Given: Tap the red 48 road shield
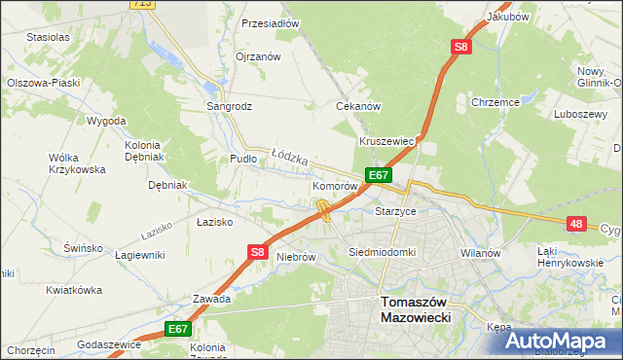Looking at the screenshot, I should [577, 224].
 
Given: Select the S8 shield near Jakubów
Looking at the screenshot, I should [461, 47].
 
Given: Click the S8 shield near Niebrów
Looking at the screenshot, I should [256, 252].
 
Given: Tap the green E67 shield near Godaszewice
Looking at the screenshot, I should [176, 330].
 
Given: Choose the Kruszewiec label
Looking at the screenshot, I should [387, 141].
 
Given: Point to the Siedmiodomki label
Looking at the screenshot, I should [383, 252].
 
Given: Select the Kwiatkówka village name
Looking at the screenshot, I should [74, 290].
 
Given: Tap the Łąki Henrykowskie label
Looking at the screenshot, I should [571, 257].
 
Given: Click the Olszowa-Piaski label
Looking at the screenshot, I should [42, 84].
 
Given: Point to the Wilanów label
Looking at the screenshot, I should [480, 253].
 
